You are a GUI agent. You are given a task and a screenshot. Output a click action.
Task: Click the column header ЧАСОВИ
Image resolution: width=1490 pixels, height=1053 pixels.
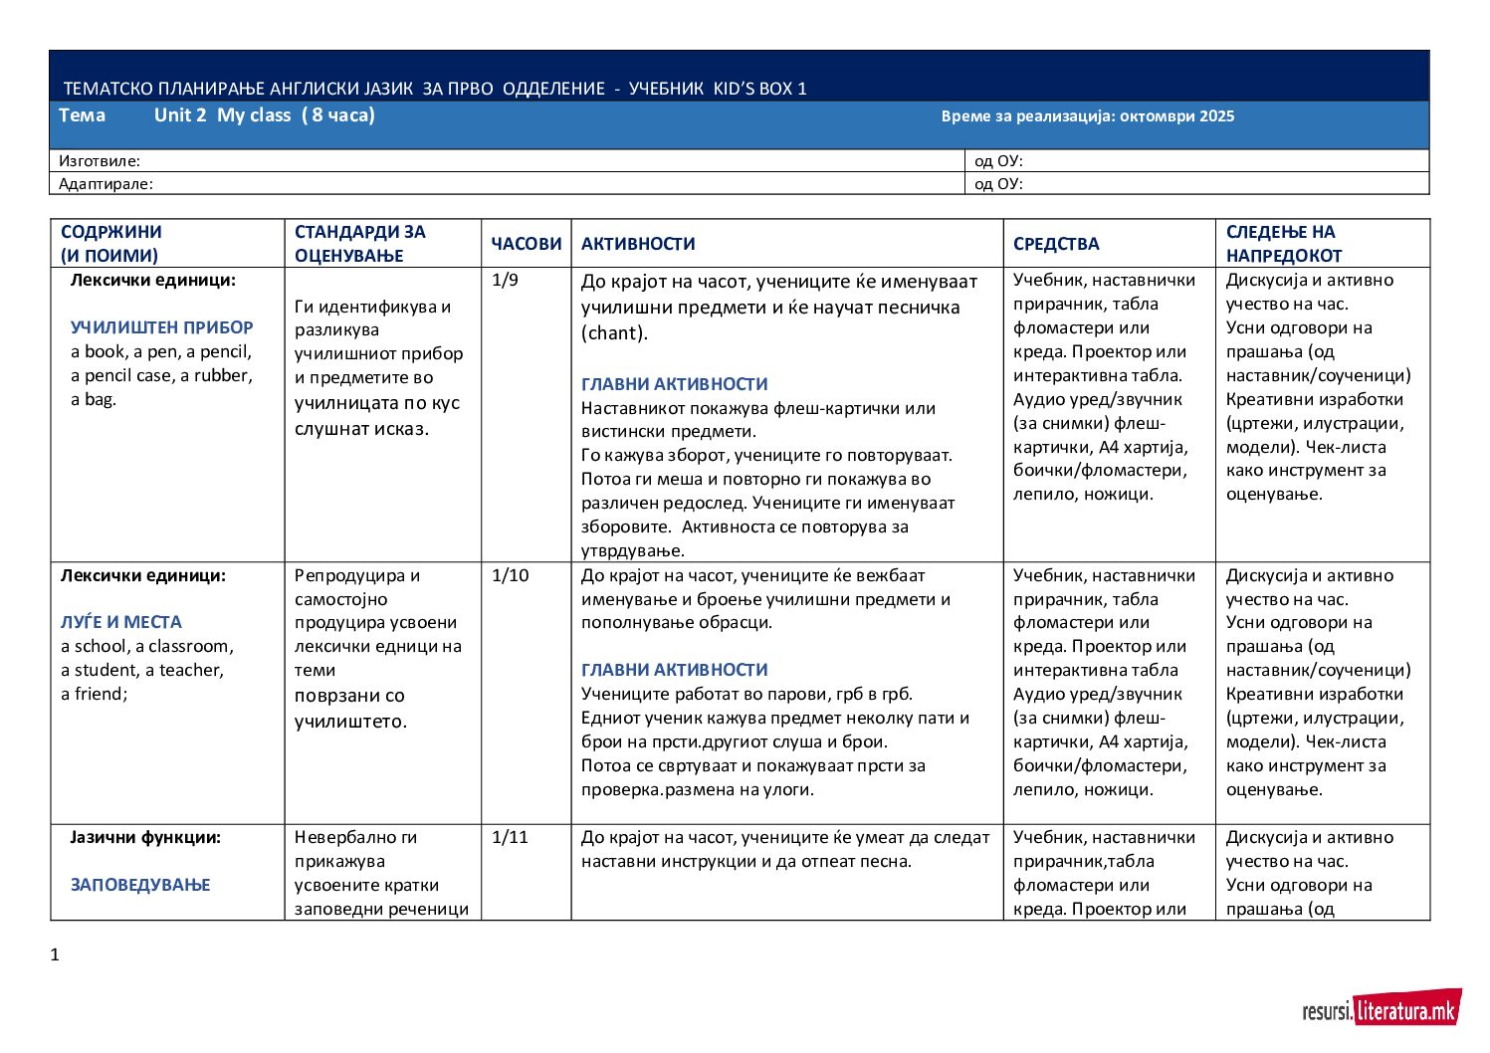coord(526,244)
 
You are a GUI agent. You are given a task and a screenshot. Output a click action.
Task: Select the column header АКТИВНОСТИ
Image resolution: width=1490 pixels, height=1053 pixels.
coord(638,244)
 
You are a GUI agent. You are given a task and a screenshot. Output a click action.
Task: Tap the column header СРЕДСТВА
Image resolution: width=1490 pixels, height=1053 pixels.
coord(1056,244)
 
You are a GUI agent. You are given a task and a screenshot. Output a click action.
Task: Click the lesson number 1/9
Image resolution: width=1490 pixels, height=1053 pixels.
coord(505,280)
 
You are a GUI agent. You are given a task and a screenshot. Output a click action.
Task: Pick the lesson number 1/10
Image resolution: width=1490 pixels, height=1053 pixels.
coord(510,575)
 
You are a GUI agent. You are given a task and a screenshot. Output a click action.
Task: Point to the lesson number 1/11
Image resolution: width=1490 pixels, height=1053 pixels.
coord(510,837)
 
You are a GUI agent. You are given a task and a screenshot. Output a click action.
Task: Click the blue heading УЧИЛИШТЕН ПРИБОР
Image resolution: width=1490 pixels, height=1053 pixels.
coord(162,327)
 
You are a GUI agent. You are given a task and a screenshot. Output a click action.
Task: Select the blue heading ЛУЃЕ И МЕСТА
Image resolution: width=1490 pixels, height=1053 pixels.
coord(121,622)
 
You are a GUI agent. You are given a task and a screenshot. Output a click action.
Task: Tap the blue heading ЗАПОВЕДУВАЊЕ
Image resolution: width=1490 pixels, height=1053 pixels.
coord(140,885)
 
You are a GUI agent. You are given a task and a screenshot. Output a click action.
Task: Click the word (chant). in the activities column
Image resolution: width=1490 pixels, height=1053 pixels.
coord(614,333)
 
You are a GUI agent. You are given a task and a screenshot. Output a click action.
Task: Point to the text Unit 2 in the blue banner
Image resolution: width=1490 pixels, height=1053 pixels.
coord(180,115)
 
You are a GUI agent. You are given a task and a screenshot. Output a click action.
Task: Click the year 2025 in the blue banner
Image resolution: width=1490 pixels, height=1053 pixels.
coord(1216,116)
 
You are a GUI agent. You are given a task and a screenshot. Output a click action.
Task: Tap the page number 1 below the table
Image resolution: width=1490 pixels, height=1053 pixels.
coord(55,955)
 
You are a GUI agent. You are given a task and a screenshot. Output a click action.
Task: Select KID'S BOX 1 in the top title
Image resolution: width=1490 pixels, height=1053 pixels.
coord(759,89)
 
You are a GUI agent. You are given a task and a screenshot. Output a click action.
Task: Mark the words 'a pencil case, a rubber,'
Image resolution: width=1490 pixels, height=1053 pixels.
coord(161,375)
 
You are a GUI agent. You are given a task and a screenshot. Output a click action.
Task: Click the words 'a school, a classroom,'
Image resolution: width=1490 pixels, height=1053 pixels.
coord(147,646)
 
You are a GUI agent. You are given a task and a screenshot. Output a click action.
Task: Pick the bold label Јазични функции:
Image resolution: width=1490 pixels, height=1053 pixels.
coord(145,837)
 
